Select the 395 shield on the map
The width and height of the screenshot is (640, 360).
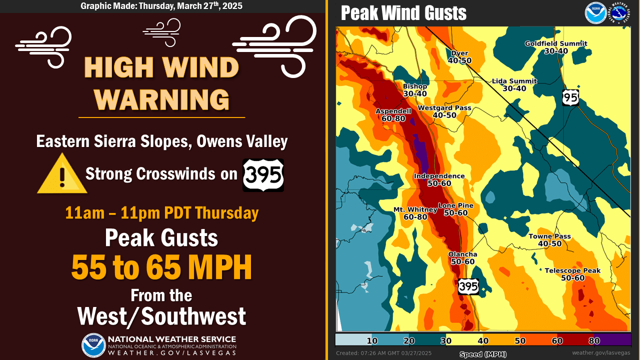pos(468,286)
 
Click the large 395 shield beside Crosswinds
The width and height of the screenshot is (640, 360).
pos(263,175)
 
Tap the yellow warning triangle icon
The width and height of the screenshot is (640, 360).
pos(62,174)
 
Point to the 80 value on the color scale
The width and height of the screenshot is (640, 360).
pos(594,340)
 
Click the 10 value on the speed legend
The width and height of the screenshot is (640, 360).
pos(371,340)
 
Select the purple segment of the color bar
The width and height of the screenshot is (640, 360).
pos(612,339)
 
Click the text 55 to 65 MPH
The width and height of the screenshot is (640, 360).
pos(161,268)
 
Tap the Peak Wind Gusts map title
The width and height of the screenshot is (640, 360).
pos(403,13)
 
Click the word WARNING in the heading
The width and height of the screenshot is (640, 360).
pos(161,99)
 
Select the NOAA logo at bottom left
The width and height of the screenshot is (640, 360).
pos(93,345)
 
